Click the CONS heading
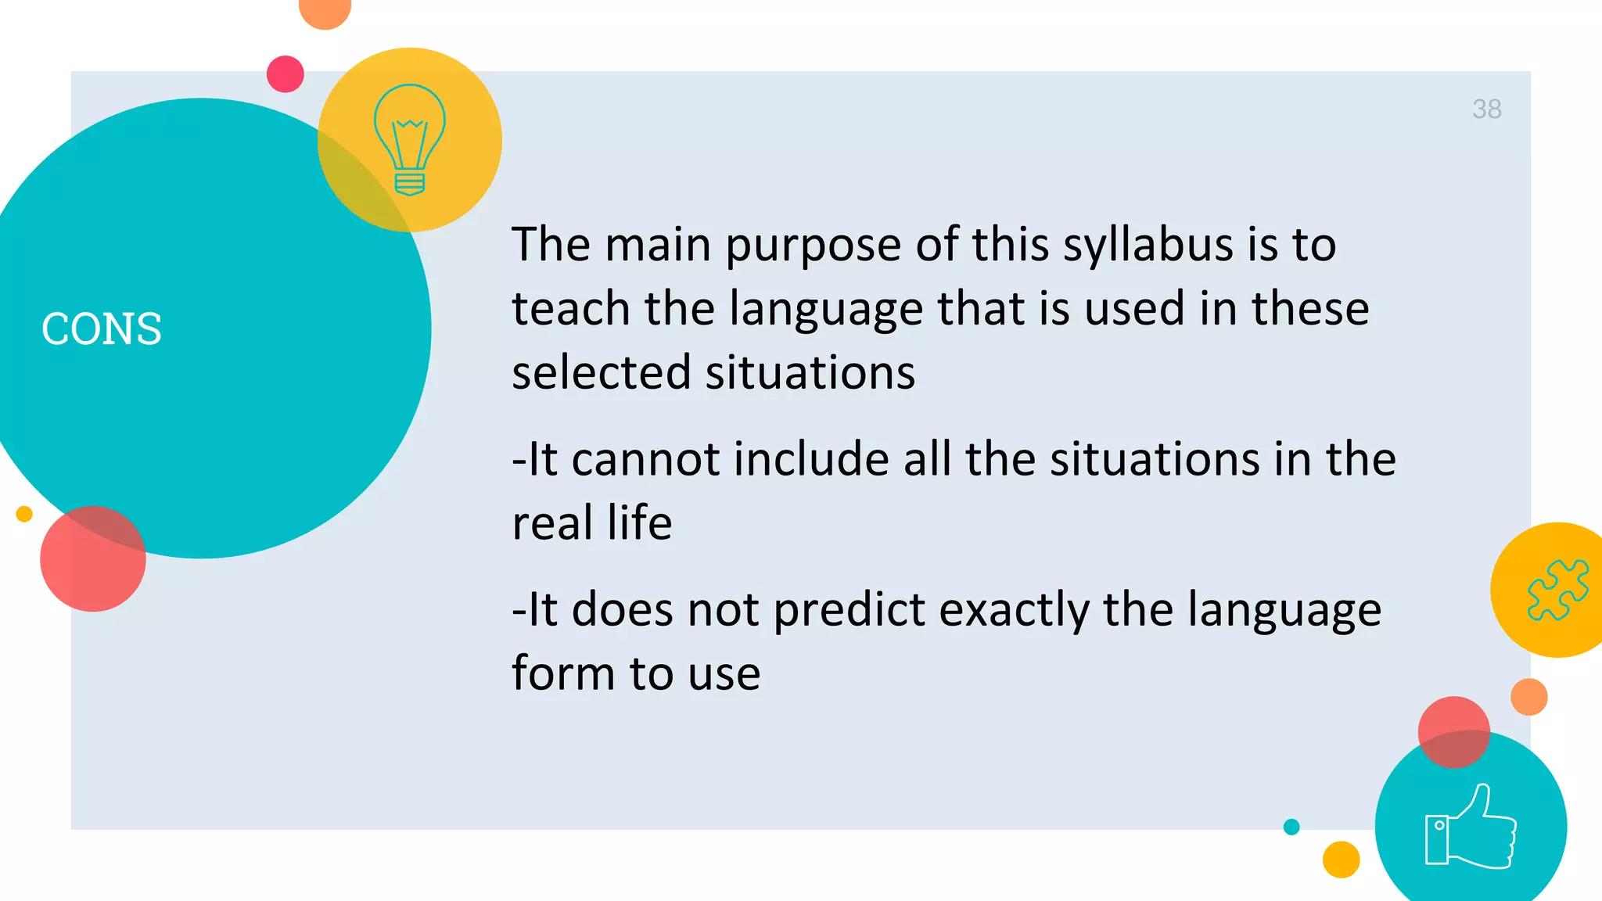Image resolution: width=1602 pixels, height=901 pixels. coord(102,328)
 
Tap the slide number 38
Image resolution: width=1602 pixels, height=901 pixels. coord(1486,109)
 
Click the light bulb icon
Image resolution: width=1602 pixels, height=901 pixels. coord(410,139)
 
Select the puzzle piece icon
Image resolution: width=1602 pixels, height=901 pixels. coord(1557,590)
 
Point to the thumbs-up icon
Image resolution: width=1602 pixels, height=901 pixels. coord(1471,827)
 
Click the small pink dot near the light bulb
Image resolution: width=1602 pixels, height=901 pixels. coord(286,74)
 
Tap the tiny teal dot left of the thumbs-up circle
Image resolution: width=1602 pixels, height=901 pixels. coord(1291,827)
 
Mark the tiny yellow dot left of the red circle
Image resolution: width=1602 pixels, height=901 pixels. coord(24,514)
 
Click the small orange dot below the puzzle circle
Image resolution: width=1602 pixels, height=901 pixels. coord(1529,697)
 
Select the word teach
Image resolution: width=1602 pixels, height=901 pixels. coord(570,308)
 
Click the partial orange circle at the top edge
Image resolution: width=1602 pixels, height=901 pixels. coord(325,11)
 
